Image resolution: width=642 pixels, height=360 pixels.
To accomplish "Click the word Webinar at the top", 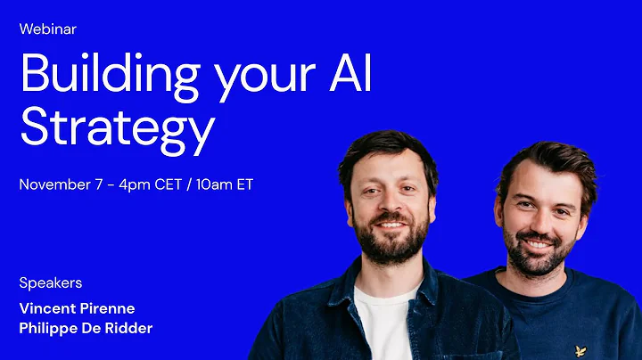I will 47,29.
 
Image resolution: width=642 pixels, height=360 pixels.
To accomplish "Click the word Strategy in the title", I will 117,128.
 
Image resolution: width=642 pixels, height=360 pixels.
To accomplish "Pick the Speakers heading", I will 50,282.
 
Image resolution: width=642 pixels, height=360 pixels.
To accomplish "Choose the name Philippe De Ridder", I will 86,328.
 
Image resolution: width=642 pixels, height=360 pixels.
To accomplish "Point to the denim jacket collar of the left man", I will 348,285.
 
